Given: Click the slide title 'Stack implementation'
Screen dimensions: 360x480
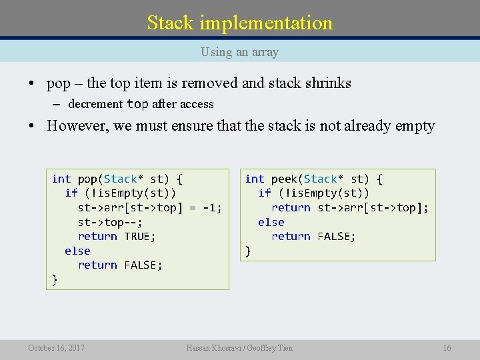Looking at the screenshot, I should click(x=239, y=23).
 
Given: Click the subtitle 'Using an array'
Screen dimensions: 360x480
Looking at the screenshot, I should click(x=239, y=51).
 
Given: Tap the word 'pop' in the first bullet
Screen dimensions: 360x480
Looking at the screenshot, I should click(x=58, y=83).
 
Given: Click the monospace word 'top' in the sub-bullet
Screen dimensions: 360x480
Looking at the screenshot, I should click(x=137, y=104).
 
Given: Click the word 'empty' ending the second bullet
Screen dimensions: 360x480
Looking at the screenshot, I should click(x=415, y=125).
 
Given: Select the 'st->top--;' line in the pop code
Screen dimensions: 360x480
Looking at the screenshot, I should click(x=110, y=222).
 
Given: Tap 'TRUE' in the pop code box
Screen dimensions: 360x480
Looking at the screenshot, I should click(x=140, y=236).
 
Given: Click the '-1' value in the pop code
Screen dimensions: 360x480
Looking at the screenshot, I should click(x=211, y=207).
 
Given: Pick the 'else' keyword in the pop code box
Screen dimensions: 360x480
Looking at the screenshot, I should click(x=77, y=251).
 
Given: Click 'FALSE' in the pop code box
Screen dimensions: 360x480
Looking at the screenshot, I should click(x=143, y=265).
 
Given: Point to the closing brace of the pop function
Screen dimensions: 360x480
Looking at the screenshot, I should click(x=55, y=279).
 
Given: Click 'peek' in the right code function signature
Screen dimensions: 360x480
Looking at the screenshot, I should click(x=284, y=179).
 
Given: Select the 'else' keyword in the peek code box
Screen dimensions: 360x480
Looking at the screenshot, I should click(x=271, y=222).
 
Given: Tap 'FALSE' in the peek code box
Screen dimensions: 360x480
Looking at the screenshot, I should click(x=337, y=236).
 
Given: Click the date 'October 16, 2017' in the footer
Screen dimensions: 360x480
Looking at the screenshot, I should click(x=56, y=347).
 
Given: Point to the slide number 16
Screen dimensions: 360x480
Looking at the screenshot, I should click(x=447, y=347).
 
